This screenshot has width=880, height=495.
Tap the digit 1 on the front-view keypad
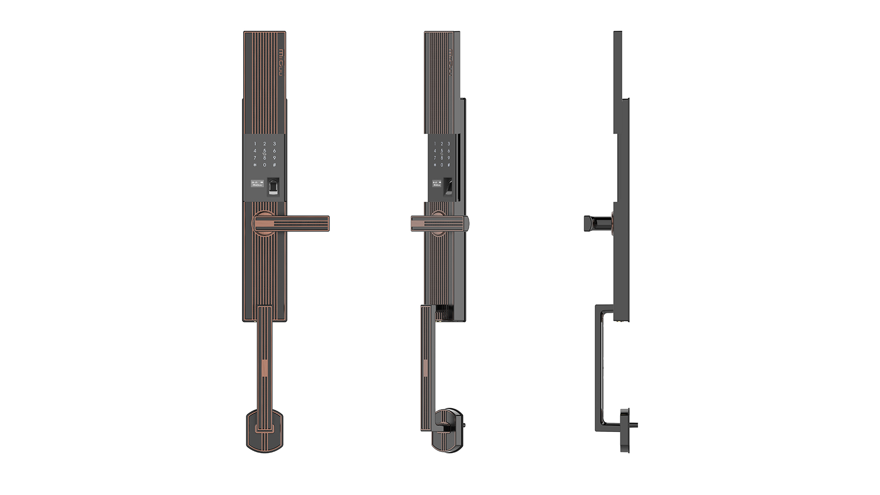tap(255, 143)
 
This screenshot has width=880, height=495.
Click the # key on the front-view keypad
tap(274, 164)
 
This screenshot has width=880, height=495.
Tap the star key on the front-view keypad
tap(255, 164)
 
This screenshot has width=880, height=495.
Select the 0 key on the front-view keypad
tap(265, 164)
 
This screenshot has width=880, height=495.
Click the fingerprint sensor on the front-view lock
tap(273, 187)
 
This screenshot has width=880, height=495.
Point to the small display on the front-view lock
tap(257, 184)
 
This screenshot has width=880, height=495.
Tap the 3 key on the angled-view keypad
tap(448, 143)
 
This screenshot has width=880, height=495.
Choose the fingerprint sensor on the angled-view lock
tap(448, 188)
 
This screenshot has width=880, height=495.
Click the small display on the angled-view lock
tap(437, 184)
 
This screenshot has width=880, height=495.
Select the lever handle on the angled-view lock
tap(439, 223)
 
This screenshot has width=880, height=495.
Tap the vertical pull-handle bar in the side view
tap(600, 367)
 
